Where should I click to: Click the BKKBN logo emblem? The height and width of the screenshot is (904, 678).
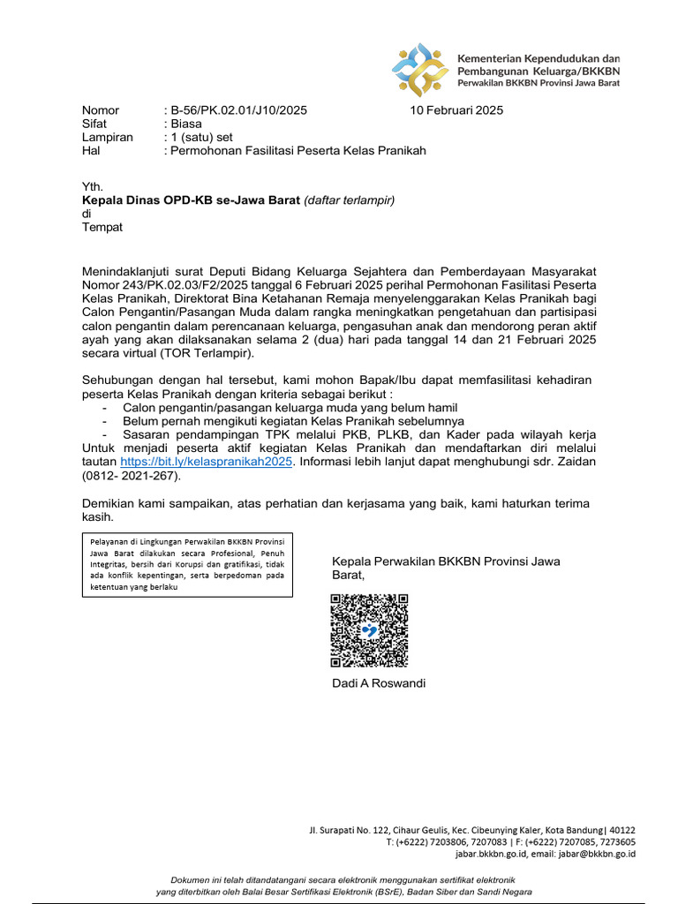pyautogui.click(x=420, y=69)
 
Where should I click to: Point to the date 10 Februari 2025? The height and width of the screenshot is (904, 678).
pyautogui.click(x=456, y=110)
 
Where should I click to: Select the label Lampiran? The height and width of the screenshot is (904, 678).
pyautogui.click(x=107, y=137)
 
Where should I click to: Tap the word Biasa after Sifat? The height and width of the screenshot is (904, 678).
pyautogui.click(x=186, y=124)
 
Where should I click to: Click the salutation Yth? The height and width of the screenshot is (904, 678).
pyautogui.click(x=92, y=186)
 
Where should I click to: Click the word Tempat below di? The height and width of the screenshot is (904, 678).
pyautogui.click(x=102, y=226)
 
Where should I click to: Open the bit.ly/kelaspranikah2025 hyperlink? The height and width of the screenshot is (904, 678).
pyautogui.click(x=206, y=461)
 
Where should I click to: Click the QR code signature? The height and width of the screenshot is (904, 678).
pyautogui.click(x=369, y=630)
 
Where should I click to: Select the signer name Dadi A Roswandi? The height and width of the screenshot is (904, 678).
pyautogui.click(x=378, y=683)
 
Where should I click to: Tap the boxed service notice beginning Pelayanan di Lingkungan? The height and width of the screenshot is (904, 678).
pyautogui.click(x=187, y=564)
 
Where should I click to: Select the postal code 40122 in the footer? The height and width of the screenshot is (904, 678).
pyautogui.click(x=621, y=830)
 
